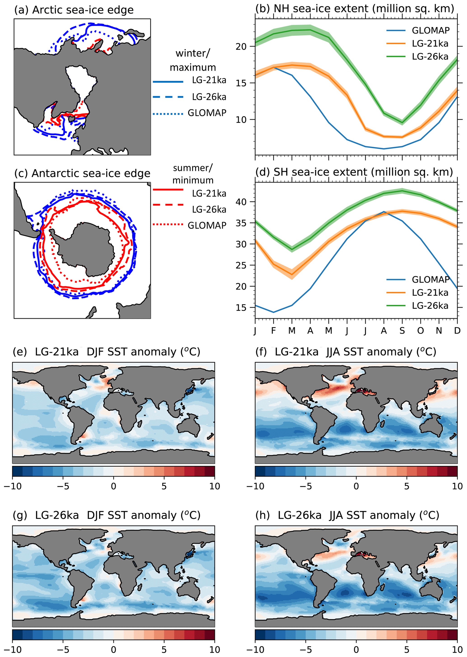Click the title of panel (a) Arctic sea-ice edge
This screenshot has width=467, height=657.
coord(74,10)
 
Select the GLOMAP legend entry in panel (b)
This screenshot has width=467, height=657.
coord(430,30)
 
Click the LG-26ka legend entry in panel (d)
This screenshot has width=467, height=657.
coord(430,306)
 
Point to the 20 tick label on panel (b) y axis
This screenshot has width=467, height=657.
coord(241,47)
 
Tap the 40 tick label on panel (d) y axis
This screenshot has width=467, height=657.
coord(241,202)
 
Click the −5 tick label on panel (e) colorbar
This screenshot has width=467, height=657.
coord(63,486)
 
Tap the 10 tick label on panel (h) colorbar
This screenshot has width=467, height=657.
coord(457,650)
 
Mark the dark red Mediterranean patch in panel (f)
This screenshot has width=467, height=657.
coord(363,391)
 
